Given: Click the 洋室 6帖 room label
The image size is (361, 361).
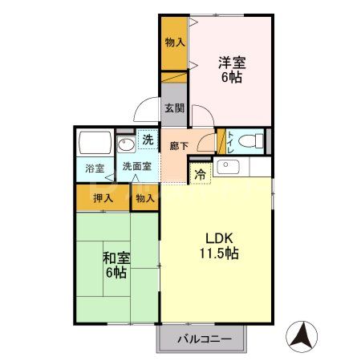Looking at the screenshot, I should pos(231,70).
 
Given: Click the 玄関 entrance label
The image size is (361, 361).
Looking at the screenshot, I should pos(174,108).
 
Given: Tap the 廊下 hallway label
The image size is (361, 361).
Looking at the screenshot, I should pos(179,146).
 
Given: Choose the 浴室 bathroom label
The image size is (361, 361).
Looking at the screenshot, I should pos(95,169).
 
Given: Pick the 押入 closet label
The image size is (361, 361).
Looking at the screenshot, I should pos(102,197).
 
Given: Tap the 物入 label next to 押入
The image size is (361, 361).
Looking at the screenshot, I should pos(144,197).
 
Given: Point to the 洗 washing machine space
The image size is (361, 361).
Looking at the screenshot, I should pos(147,140).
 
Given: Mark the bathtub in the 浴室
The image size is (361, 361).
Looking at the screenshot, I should pos(96,144).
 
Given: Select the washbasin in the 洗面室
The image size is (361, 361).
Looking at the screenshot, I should pos(126,145).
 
